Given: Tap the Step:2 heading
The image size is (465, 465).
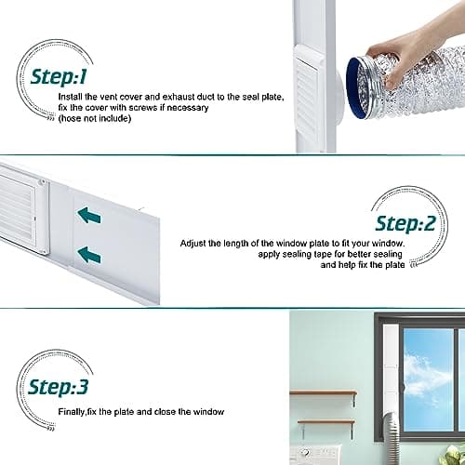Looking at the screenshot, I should (405, 223).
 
